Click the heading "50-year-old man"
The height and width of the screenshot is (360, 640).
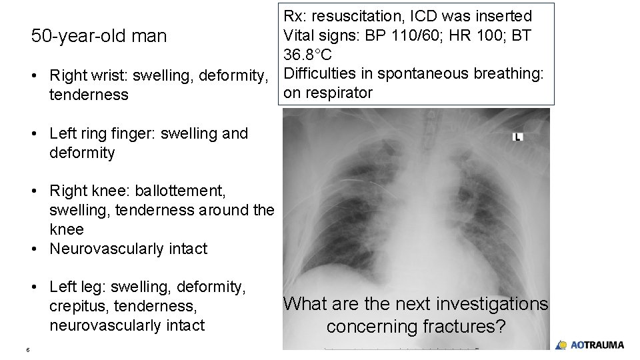(99, 36)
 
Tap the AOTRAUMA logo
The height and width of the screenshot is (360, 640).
(590, 345)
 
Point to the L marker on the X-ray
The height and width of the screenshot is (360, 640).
(518, 137)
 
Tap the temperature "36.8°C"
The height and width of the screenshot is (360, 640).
(307, 55)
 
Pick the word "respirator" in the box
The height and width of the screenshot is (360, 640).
(339, 93)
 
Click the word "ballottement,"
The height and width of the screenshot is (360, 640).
(180, 191)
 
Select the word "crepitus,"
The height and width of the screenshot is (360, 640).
(79, 306)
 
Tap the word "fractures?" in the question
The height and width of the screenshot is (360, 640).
(465, 327)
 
